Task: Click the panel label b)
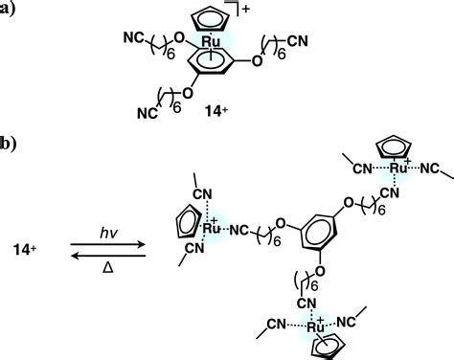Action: pos(9,146)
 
